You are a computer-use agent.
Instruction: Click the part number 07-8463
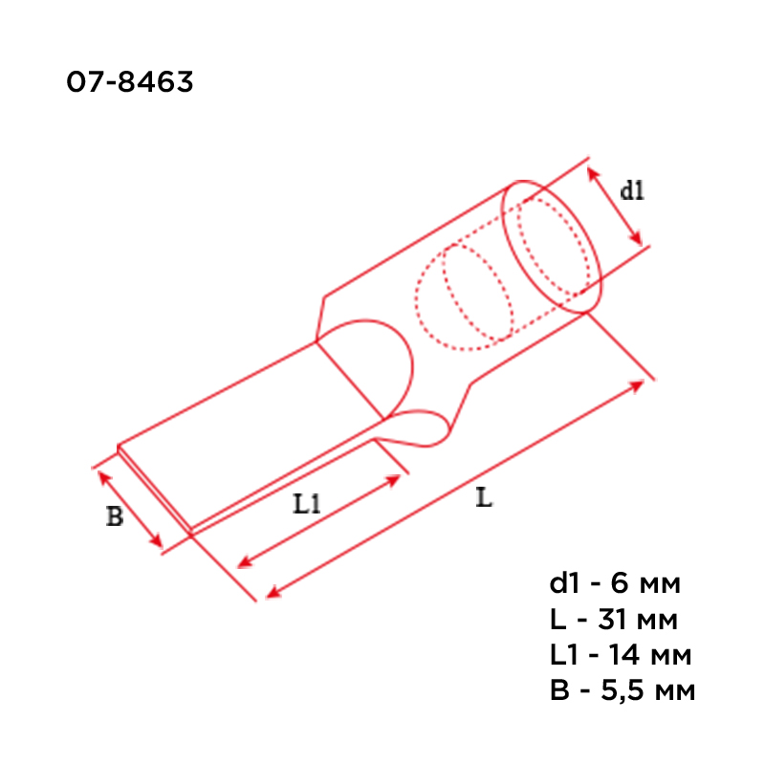pyautogui.click(x=130, y=81)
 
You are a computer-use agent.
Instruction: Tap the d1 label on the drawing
pyautogui.click(x=632, y=190)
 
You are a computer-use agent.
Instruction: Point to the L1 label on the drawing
pyautogui.click(x=306, y=504)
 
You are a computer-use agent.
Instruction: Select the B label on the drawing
pyautogui.click(x=115, y=516)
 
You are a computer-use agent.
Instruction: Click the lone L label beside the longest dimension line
pyautogui.click(x=484, y=497)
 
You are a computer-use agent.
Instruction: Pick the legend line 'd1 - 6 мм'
pyautogui.click(x=615, y=583)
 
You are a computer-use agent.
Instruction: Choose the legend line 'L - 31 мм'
pyautogui.click(x=614, y=620)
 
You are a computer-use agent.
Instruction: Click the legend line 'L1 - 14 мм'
pyautogui.click(x=621, y=655)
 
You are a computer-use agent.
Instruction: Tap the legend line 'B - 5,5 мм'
pyautogui.click(x=623, y=690)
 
